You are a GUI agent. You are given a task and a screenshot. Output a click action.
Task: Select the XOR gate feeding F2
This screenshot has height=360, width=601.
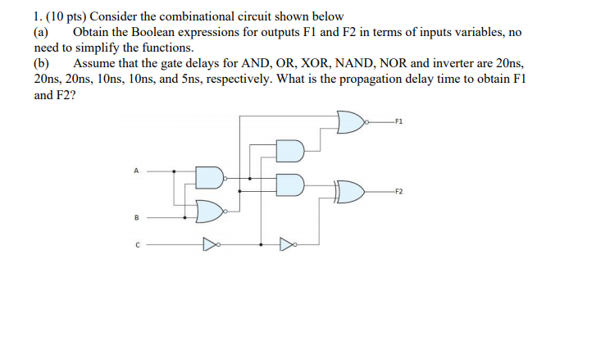[351, 192]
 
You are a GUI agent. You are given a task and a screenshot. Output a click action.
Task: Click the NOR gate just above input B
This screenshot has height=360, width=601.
[210, 212]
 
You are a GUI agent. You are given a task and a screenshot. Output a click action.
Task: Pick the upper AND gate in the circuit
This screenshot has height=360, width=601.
[289, 151]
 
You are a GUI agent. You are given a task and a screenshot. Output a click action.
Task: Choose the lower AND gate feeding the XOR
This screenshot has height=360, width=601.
[289, 185]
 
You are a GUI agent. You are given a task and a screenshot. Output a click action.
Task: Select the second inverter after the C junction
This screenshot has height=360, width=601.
[286, 244]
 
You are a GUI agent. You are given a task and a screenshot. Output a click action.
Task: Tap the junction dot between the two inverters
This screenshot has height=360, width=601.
[261, 244]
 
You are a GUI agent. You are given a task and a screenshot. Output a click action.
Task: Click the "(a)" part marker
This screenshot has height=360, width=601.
[40, 32]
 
